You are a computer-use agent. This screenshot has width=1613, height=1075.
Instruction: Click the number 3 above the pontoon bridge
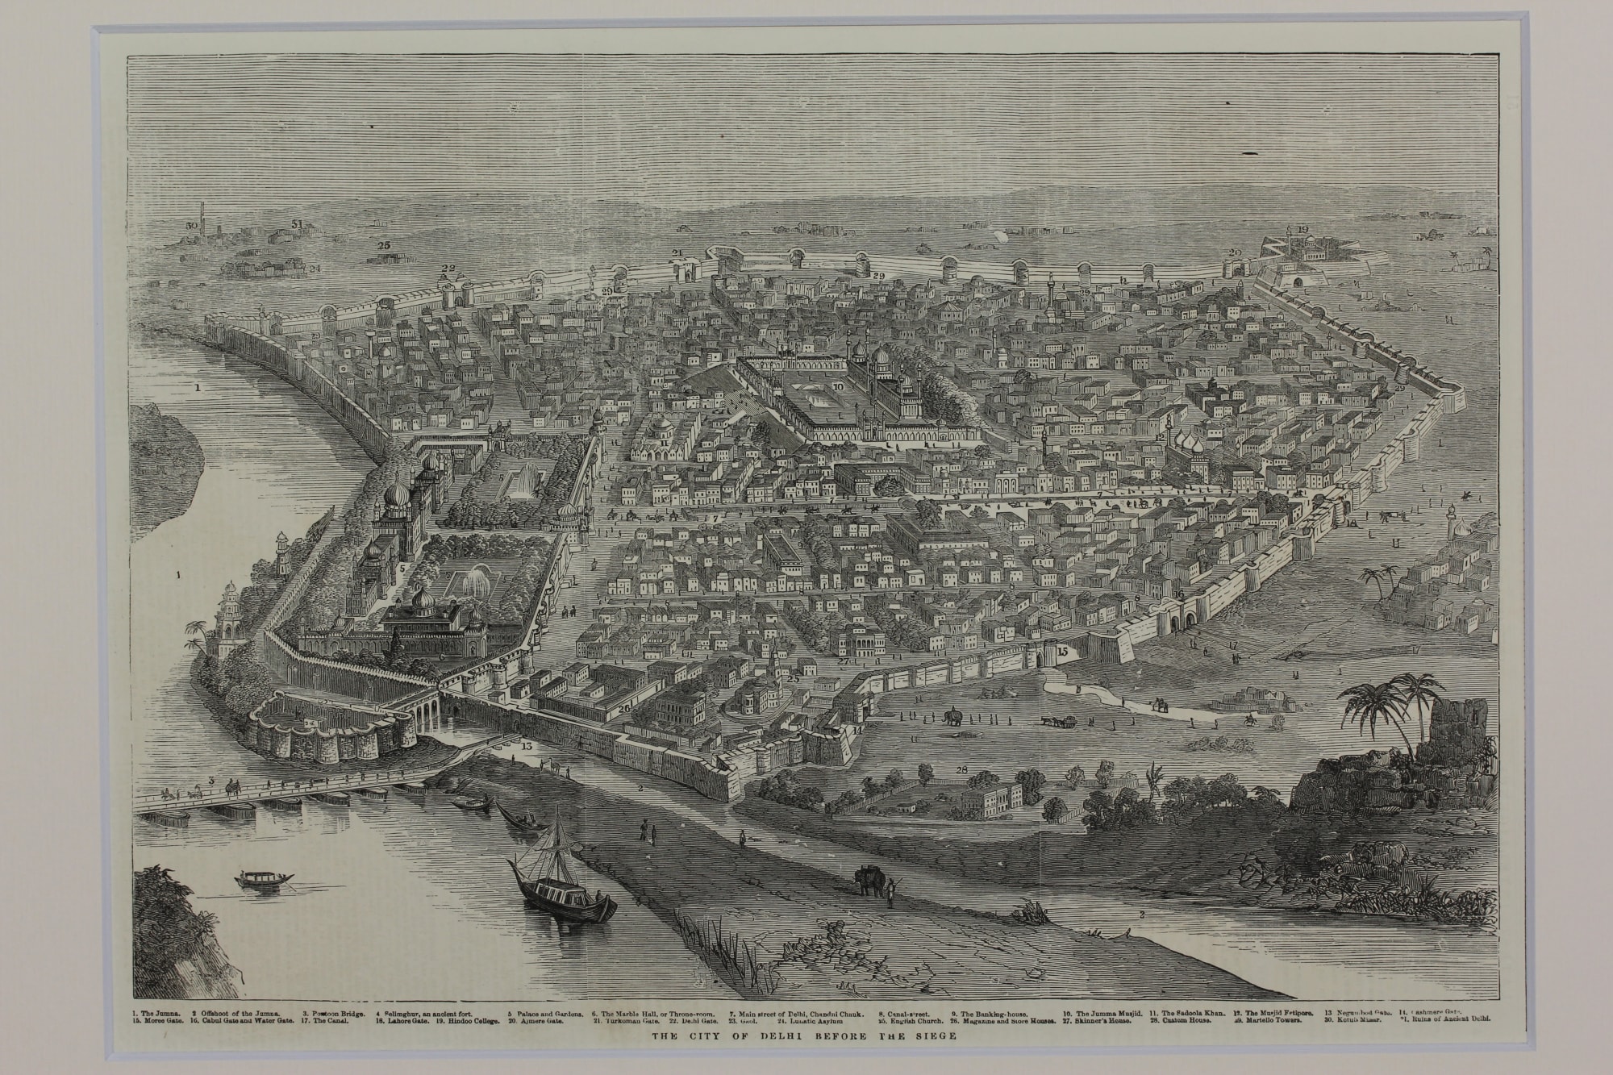211,780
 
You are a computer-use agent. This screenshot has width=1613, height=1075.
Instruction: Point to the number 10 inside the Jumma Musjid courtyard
838,387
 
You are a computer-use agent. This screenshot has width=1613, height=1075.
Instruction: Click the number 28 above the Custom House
961,770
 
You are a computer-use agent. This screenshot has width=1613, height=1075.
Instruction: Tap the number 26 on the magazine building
623,709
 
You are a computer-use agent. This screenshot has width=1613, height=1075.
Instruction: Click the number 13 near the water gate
527,746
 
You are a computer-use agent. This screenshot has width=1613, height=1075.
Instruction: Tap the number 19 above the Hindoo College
1302,231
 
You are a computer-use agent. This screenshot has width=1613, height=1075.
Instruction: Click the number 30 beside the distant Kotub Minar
191,226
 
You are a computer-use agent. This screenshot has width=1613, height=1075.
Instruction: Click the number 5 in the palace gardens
400,568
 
